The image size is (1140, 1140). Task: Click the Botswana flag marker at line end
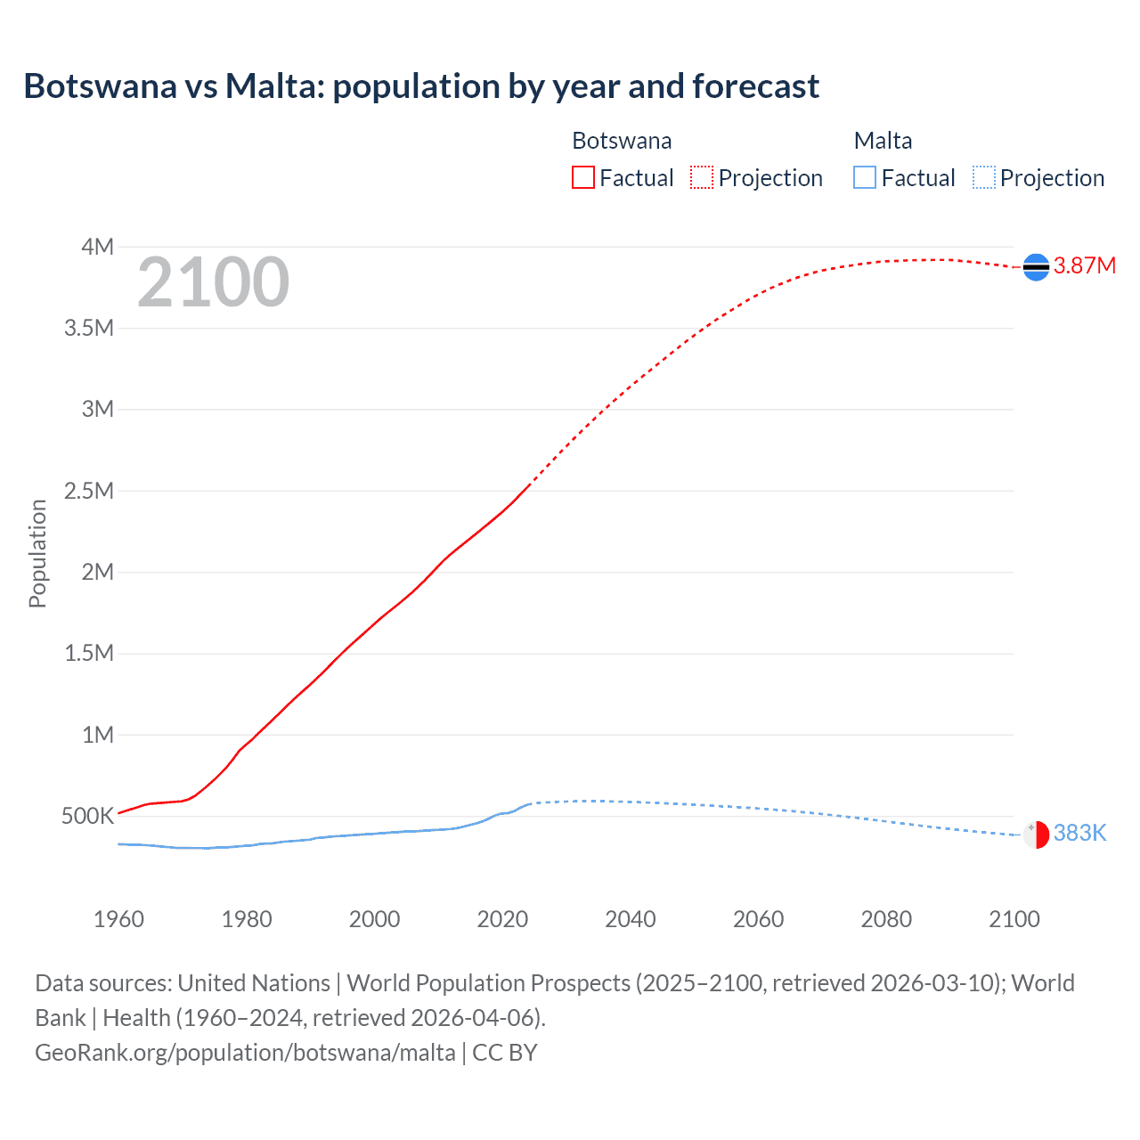point(1036,267)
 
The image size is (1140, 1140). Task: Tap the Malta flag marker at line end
point(1036,835)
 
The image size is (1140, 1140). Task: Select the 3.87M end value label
point(1085,265)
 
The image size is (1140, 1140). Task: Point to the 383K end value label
point(1079,833)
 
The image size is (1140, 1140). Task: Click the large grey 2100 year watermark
point(213,282)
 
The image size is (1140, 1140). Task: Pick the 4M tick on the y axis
point(97,247)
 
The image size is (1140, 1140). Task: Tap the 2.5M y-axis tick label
point(89,491)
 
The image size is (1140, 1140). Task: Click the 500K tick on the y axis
point(87,816)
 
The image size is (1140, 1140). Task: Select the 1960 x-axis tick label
point(118,919)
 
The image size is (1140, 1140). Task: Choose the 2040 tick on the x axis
point(631,919)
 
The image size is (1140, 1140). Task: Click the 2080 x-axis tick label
point(886,919)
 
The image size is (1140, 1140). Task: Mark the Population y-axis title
point(37,553)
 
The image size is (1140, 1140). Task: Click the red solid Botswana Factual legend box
point(583,178)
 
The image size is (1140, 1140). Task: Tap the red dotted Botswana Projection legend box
point(702,178)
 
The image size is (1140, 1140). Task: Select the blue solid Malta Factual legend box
point(865,178)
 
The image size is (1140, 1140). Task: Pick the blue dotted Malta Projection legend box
point(983,178)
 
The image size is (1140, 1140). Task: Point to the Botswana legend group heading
point(622,141)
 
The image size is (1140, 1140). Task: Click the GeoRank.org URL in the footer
point(245,1053)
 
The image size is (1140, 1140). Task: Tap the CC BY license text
point(505,1053)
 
